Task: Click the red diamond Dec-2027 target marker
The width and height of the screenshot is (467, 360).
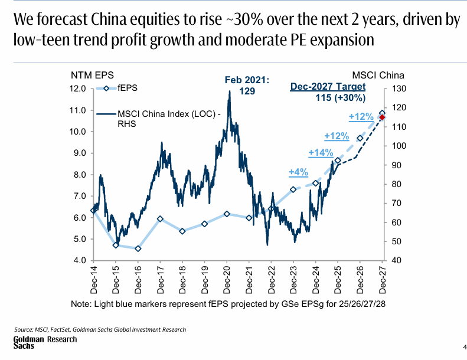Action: pyautogui.click(x=382, y=117)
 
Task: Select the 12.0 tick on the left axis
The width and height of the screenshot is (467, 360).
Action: pyautogui.click(x=79, y=89)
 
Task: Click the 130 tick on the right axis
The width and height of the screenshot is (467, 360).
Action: pyautogui.click(x=396, y=89)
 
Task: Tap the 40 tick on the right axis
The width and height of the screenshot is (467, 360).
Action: pyautogui.click(x=394, y=260)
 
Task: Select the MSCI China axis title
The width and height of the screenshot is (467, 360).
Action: pyautogui.click(x=378, y=76)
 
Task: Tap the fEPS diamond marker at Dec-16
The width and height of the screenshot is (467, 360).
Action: pyautogui.click(x=138, y=248)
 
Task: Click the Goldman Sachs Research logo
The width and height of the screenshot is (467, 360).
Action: pyautogui.click(x=45, y=342)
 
